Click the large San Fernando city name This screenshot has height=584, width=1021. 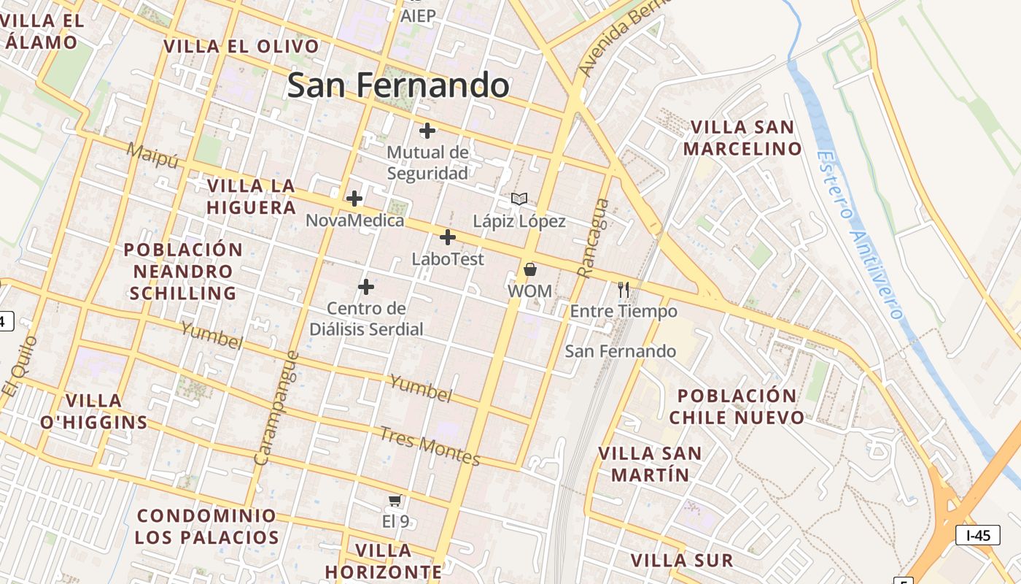coord(398,85)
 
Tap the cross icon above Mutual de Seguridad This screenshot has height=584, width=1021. coord(427,131)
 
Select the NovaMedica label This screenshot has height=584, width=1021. coord(354,220)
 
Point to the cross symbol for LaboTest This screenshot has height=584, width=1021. coord(448,237)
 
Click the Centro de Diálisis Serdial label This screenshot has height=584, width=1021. coord(366,319)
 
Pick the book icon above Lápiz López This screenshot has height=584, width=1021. coord(519,199)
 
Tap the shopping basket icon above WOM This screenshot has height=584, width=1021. coord(530,269)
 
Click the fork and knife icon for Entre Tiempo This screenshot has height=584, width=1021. coord(624,290)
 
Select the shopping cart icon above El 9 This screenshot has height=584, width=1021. coord(395,500)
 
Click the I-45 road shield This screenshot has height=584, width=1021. coord(977,535)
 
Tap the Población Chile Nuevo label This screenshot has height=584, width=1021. coord(737,407)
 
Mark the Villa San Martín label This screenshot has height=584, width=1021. coord(650,464)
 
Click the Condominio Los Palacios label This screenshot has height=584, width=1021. coord(207,526)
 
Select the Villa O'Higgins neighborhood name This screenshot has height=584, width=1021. coord(93,411)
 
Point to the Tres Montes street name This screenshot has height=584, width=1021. coord(430,445)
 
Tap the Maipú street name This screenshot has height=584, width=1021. coord(152,155)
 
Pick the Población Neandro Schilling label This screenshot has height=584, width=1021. coord(183,271)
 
